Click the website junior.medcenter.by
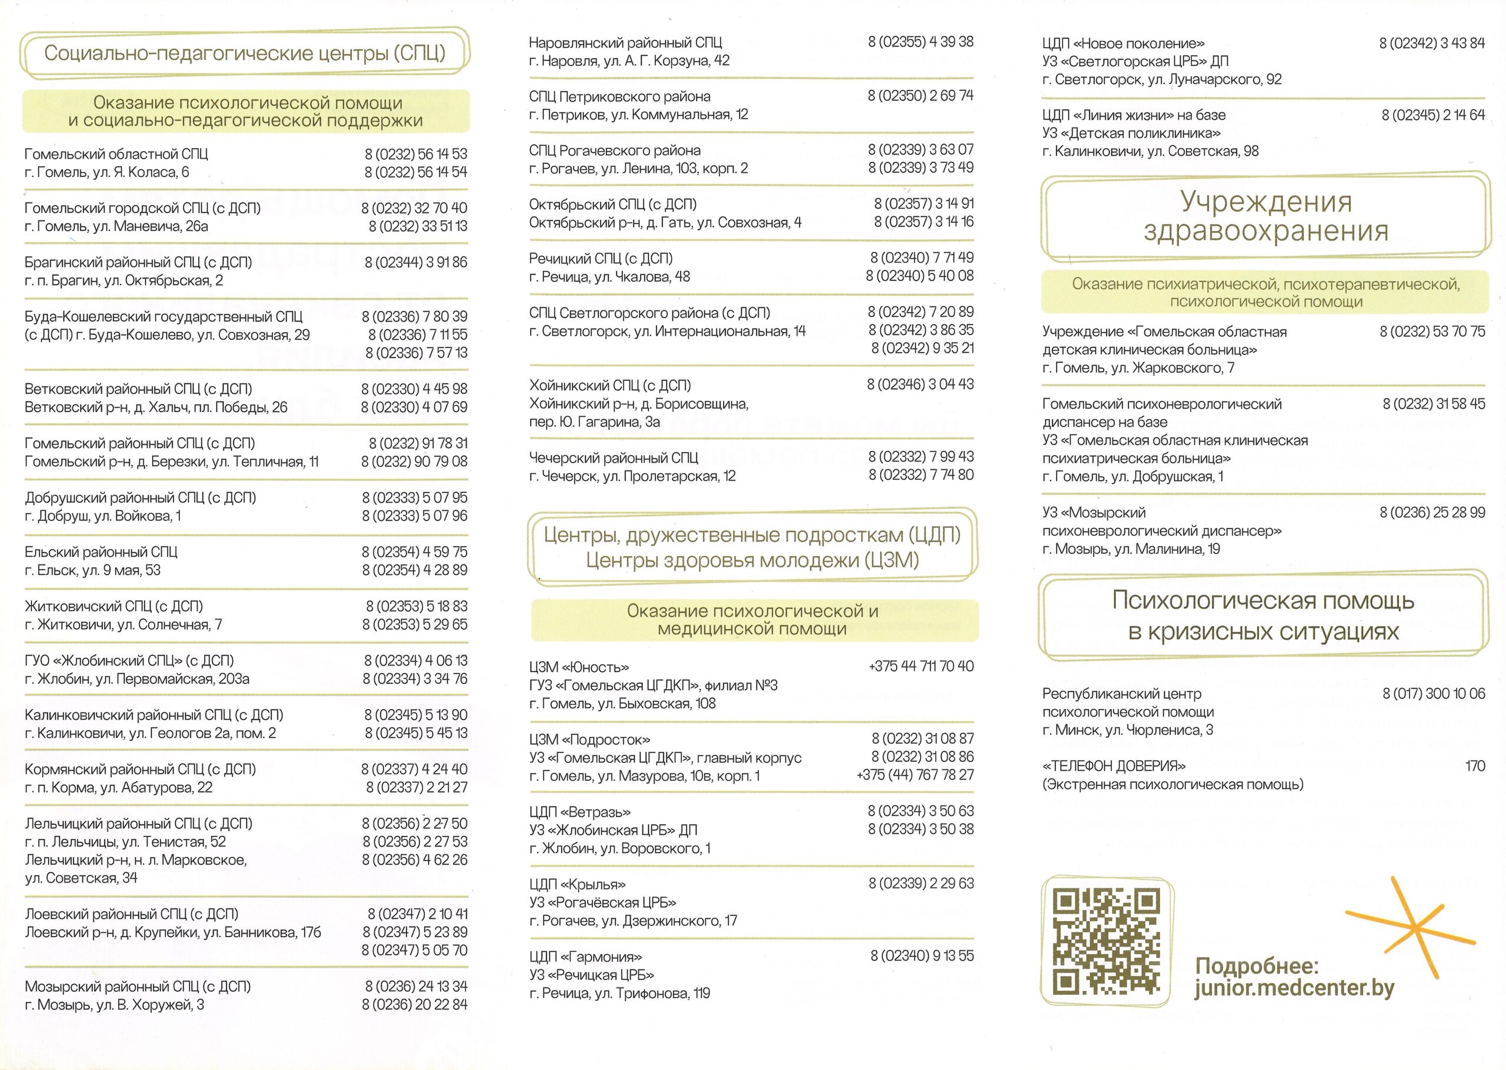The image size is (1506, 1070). click(x=1294, y=988)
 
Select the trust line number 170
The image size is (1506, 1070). click(x=1475, y=765)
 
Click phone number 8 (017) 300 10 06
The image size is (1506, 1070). click(x=1434, y=693)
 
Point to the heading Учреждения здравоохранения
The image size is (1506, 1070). click(x=1265, y=216)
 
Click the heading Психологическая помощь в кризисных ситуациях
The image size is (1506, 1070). click(x=1263, y=616)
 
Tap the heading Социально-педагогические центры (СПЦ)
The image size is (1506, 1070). click(x=245, y=53)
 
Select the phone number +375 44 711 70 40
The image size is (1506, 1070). click(x=921, y=666)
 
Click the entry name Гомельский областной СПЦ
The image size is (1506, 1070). click(x=116, y=154)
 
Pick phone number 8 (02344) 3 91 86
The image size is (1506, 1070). click(x=416, y=262)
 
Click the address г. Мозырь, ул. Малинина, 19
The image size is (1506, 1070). click(x=1131, y=549)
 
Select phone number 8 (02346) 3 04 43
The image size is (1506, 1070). click(x=920, y=384)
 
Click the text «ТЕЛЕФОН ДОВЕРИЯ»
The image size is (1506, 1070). click(x=1114, y=766)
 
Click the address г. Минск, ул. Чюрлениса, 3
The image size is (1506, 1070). click(x=1127, y=730)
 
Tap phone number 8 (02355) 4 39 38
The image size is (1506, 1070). click(x=920, y=42)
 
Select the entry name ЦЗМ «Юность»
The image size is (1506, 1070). click(x=579, y=667)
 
